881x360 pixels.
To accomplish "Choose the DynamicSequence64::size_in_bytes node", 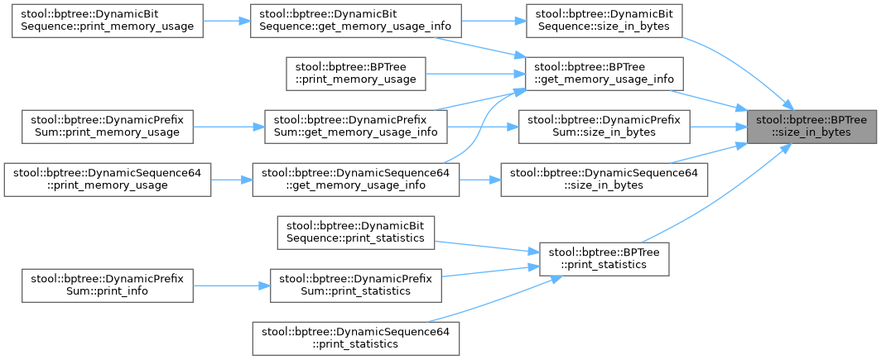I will coord(604,179).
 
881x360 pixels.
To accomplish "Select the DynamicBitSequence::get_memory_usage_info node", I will coord(355,21).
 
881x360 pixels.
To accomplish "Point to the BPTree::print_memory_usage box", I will coord(355,73).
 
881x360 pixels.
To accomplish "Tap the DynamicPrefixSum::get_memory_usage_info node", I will coord(355,126).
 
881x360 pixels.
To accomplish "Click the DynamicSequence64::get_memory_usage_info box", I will coord(355,179).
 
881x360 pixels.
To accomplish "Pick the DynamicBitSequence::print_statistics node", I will coord(355,232).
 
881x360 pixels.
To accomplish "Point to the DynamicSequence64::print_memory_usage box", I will coord(107,179).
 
